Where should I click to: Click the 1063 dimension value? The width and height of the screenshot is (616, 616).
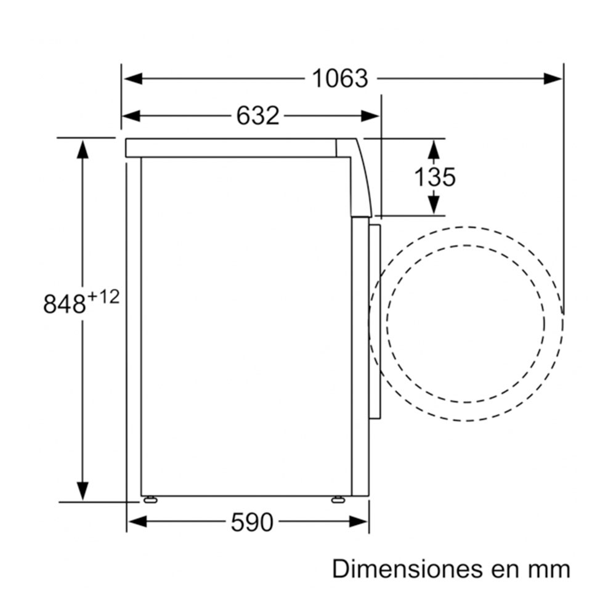[340, 79]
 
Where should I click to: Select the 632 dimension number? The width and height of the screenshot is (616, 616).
[257, 116]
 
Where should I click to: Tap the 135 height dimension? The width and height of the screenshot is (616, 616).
[435, 177]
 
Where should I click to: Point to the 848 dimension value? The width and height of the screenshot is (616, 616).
[64, 304]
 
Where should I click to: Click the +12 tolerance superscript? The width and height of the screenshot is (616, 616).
[102, 297]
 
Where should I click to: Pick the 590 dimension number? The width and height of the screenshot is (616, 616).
[252, 522]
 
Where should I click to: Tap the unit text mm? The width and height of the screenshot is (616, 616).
[551, 571]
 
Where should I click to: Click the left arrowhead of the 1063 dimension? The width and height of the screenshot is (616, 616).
[133, 79]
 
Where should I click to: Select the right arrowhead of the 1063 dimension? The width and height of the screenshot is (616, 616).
[553, 79]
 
